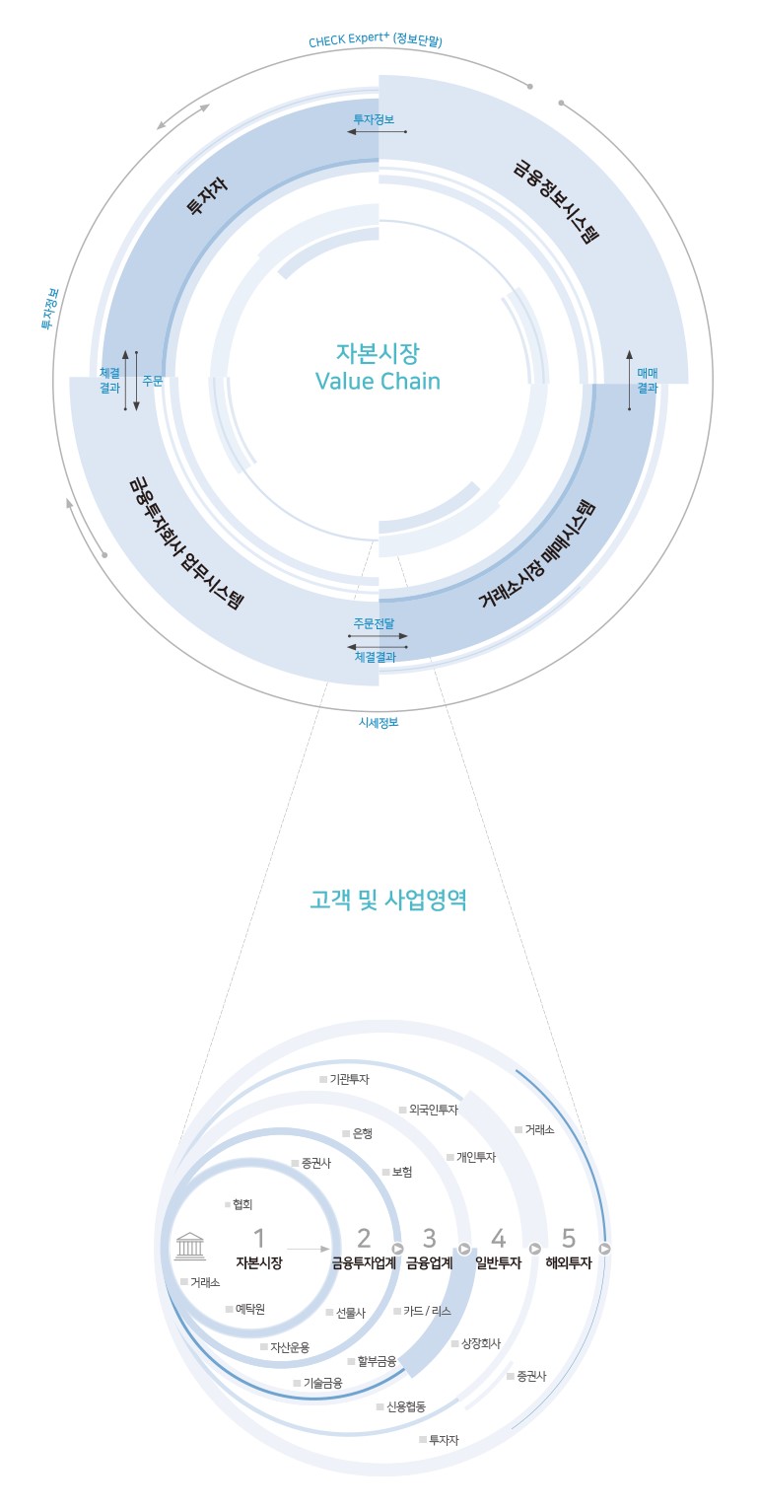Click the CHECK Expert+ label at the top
[376, 39]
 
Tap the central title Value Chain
[378, 382]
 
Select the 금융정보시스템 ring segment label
[556, 201]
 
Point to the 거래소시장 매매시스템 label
[537, 554]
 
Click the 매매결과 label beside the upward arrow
[648, 380]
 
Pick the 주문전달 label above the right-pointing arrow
[374, 623]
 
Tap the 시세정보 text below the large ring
[379, 722]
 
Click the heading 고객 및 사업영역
[388, 899]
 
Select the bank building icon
[190, 1246]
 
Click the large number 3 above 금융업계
[429, 1238]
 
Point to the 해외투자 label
[569, 1263]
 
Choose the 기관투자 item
[344, 1079]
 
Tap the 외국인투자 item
[429, 1110]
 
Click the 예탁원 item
[245, 1309]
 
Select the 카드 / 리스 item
[422, 1311]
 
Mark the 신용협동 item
[401, 1406]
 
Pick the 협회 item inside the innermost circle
[239, 1204]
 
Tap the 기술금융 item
[317, 1383]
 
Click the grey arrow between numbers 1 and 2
[309, 1249]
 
